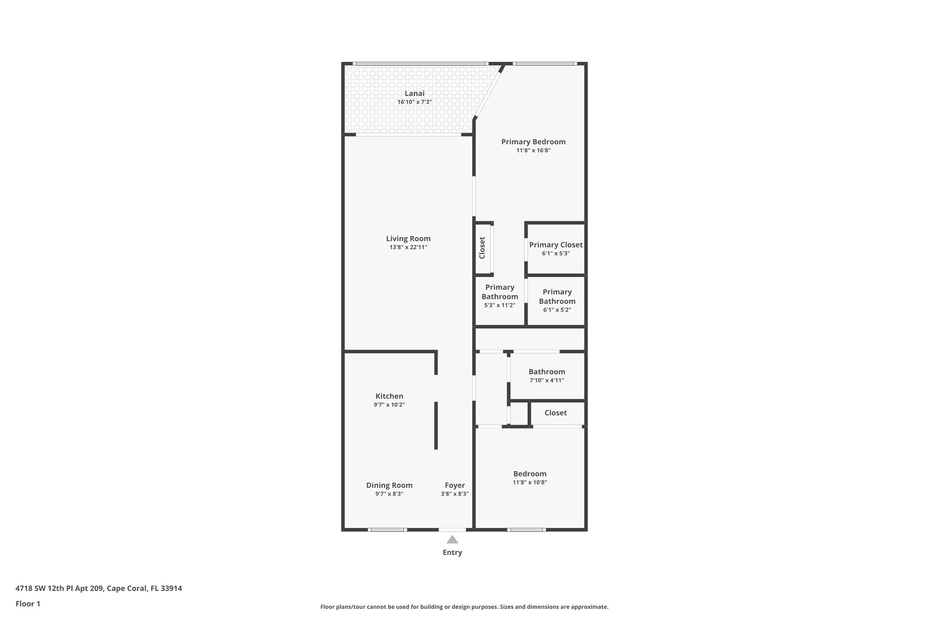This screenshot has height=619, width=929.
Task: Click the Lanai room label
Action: pyautogui.click(x=414, y=93)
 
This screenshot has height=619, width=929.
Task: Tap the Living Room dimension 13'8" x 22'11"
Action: pyautogui.click(x=408, y=247)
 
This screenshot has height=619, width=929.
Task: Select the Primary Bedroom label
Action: pyautogui.click(x=533, y=141)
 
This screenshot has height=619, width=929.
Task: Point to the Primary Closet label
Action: pyautogui.click(x=556, y=245)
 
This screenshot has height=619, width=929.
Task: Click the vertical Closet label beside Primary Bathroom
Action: pyautogui.click(x=482, y=248)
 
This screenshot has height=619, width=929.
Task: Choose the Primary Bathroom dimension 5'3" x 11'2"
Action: pyautogui.click(x=499, y=305)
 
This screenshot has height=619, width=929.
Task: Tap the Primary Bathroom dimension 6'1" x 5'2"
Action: pyautogui.click(x=557, y=310)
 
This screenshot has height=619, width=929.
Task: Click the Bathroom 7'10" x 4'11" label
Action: pyautogui.click(x=547, y=372)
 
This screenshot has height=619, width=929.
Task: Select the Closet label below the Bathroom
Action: pyautogui.click(x=555, y=413)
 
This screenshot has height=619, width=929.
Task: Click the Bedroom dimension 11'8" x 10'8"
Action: pyautogui.click(x=530, y=483)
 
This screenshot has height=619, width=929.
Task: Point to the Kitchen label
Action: pyautogui.click(x=389, y=396)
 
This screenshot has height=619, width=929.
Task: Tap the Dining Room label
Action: pyautogui.click(x=389, y=485)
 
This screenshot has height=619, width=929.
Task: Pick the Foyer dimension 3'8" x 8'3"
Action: pyautogui.click(x=455, y=494)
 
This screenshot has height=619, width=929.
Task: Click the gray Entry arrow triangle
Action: pyautogui.click(x=452, y=540)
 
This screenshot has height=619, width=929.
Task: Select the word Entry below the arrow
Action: pyautogui.click(x=452, y=552)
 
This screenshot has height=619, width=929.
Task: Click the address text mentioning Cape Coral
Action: pyautogui.click(x=98, y=588)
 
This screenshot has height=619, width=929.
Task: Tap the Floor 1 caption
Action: pyautogui.click(x=28, y=604)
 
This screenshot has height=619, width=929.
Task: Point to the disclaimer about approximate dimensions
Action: pyautogui.click(x=464, y=607)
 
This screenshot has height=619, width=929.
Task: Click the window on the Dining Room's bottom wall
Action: pyautogui.click(x=386, y=530)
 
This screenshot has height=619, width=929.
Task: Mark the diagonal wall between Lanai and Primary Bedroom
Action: pyautogui.click(x=489, y=92)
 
